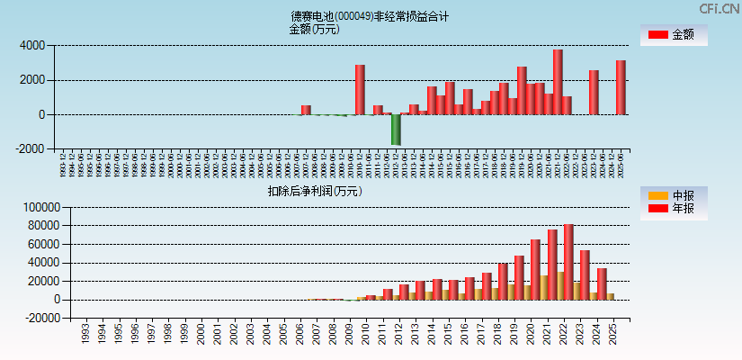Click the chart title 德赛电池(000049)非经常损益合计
click(370, 16)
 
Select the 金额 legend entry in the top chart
click(673, 35)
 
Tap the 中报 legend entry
click(673, 195)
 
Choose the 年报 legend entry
click(673, 209)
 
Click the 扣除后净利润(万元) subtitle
click(314, 191)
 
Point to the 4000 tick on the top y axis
click(31, 45)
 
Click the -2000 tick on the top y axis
click(30, 149)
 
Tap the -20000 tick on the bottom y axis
click(41, 319)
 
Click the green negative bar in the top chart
click(396, 130)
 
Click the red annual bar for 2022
click(568, 262)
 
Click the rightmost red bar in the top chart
click(621, 87)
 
